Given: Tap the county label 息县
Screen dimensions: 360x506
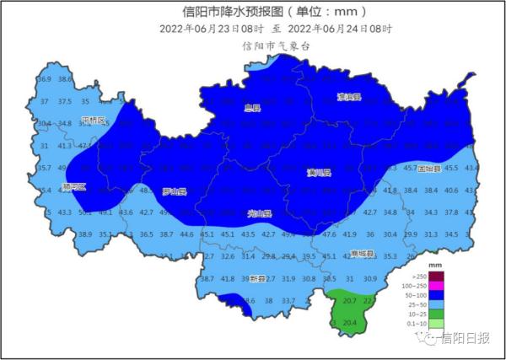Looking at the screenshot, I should coord(251,108).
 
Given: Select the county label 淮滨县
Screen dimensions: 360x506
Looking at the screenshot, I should coord(348,97).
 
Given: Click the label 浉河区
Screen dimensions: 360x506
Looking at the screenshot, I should coord(74,185).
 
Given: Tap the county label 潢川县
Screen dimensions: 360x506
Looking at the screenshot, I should coord(319,172).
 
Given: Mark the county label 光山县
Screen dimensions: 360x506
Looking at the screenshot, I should coord(259,213).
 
